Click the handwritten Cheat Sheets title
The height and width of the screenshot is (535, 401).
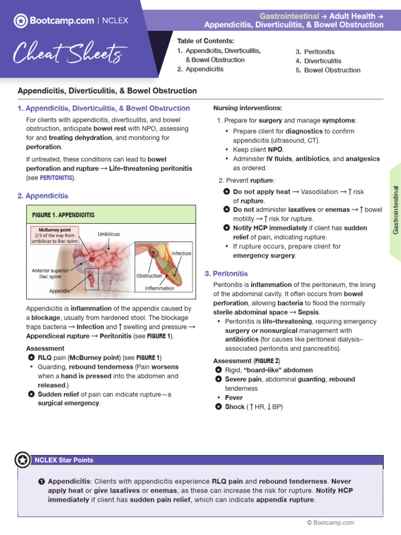pyautogui.click(x=69, y=53)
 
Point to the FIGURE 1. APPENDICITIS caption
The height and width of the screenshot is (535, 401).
pyautogui.click(x=63, y=215)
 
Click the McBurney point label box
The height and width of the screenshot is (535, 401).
pyautogui.click(x=55, y=236)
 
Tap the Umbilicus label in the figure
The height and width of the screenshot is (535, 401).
pyautogui.click(x=109, y=235)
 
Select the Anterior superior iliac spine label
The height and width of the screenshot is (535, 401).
pyautogui.click(x=50, y=273)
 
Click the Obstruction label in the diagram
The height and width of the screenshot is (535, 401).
pyautogui.click(x=149, y=276)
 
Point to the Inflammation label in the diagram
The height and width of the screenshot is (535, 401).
pyautogui.click(x=160, y=288)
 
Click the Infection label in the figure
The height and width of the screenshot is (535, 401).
pyautogui.click(x=182, y=253)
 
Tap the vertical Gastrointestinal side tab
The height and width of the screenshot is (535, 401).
pyautogui.click(x=395, y=210)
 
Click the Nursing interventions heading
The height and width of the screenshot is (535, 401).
pyautogui.click(x=247, y=108)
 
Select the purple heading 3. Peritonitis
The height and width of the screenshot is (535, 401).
pyautogui.click(x=226, y=273)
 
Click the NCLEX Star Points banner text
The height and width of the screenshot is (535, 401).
pyautogui.click(x=64, y=460)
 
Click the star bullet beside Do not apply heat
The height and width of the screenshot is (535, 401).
pyautogui.click(x=226, y=192)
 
